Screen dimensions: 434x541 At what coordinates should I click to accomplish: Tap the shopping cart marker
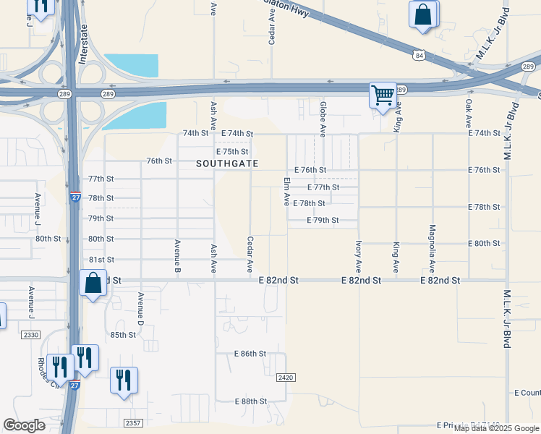(383, 95)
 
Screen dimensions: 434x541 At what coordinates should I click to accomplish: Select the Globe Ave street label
(323, 119)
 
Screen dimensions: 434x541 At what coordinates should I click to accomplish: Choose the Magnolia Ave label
(432, 257)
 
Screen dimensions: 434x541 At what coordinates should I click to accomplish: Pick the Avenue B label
(177, 254)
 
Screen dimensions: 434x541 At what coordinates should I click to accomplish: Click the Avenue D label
(141, 308)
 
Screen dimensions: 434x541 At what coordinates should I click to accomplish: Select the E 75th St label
(232, 152)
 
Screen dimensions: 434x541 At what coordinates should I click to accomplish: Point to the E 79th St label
(323, 220)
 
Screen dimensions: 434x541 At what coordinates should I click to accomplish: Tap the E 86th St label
(251, 354)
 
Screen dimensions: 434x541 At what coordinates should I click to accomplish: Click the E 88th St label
(251, 401)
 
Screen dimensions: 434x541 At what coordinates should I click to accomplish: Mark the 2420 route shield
(286, 378)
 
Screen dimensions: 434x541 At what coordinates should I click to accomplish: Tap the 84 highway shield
(419, 54)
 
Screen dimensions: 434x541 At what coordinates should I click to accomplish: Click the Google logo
(24, 425)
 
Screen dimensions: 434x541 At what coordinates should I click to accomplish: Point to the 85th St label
(123, 335)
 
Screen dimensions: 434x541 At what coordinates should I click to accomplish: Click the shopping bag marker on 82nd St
(93, 284)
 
